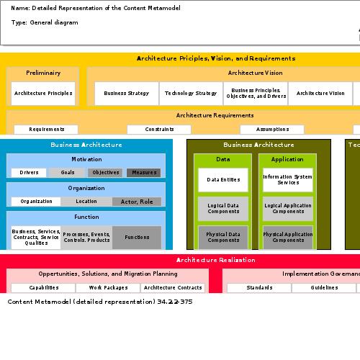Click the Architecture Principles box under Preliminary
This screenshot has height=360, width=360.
coord(43,93)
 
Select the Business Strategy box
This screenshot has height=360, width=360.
coord(127,93)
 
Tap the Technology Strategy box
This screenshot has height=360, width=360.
coord(191,93)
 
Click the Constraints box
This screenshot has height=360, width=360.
coord(158,130)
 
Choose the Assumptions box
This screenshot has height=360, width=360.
coord(272,130)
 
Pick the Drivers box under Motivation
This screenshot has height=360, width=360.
coord(30,173)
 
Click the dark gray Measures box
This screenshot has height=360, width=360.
coord(145,173)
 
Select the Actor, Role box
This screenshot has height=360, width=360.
coord(137,202)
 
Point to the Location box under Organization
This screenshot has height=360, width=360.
coord(86,202)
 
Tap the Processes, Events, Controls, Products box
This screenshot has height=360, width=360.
coord(86,237)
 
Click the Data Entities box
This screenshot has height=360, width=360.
coord(223,179)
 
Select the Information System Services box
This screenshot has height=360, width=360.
coord(288,179)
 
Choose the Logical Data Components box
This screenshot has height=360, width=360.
coord(223,208)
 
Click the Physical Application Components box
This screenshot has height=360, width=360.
coord(288,237)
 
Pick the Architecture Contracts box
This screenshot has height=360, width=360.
coord(173,287)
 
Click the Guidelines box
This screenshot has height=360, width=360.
coord(324,287)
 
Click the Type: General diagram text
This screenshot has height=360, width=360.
coord(45,23)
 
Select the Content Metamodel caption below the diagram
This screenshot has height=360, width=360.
coord(100,302)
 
